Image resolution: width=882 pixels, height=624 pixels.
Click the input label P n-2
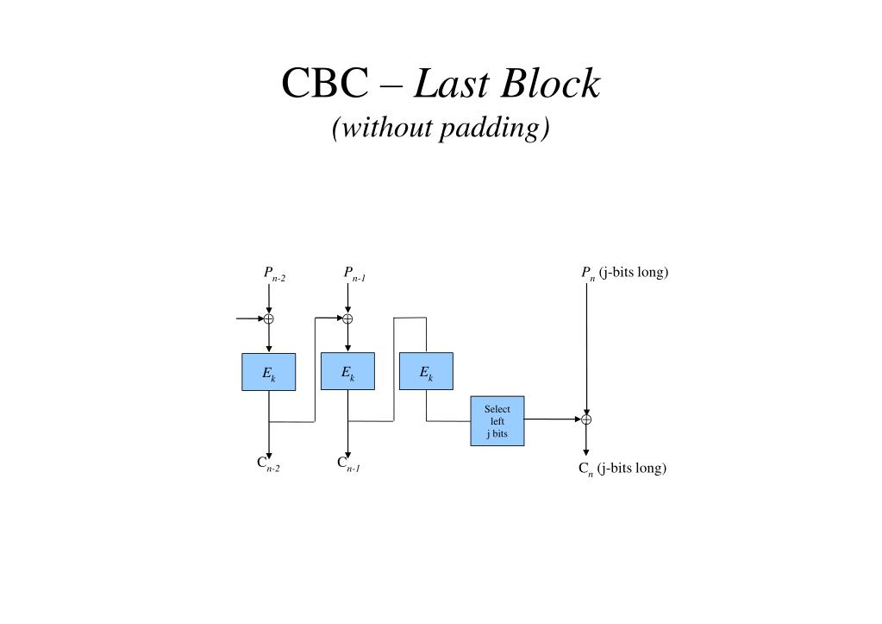(274, 274)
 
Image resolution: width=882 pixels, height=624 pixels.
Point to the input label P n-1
(354, 274)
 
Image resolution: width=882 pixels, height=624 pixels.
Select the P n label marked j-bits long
(624, 274)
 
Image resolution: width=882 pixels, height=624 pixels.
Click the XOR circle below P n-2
(269, 318)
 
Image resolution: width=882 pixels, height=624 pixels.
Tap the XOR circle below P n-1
(348, 318)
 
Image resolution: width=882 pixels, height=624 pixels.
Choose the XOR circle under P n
(586, 419)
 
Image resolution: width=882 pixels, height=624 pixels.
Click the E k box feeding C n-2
(269, 372)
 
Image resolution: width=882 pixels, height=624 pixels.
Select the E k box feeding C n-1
(348, 372)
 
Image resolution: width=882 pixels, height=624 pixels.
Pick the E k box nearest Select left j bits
(426, 372)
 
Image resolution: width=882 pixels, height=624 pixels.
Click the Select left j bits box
(497, 421)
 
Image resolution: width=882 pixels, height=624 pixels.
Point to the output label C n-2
(268, 463)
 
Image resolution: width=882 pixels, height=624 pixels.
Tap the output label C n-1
(348, 463)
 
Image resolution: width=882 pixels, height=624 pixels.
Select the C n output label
(622, 469)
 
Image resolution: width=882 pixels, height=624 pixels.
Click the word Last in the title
(451, 85)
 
